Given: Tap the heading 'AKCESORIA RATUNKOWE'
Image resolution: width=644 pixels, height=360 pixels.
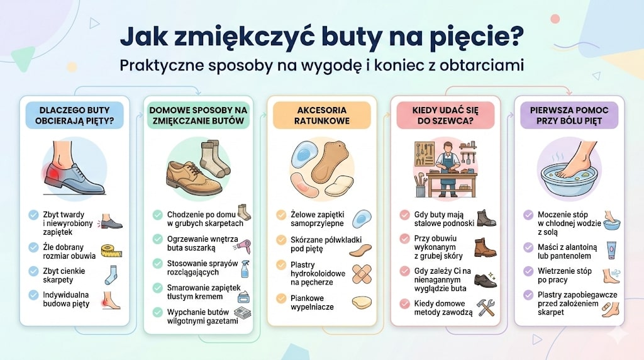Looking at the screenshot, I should tap(321, 115).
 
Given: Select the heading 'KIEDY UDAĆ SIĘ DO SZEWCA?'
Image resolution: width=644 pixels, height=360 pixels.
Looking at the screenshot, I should tap(445, 115).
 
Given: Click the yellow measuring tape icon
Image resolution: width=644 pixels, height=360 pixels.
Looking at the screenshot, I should tap(111, 250).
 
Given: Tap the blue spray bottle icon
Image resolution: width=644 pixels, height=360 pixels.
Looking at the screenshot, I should tap(244, 269).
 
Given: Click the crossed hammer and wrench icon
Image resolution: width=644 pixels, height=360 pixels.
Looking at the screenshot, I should tap(486, 307).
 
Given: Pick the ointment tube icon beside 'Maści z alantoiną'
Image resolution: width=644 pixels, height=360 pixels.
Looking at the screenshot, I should tap(610, 250).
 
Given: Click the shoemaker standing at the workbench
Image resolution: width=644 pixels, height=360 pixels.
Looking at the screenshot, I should tap(447, 163).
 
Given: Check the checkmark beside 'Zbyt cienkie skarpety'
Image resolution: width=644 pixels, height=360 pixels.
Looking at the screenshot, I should tap(33, 270).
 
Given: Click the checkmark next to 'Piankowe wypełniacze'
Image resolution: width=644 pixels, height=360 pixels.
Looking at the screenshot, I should tap(281, 298).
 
